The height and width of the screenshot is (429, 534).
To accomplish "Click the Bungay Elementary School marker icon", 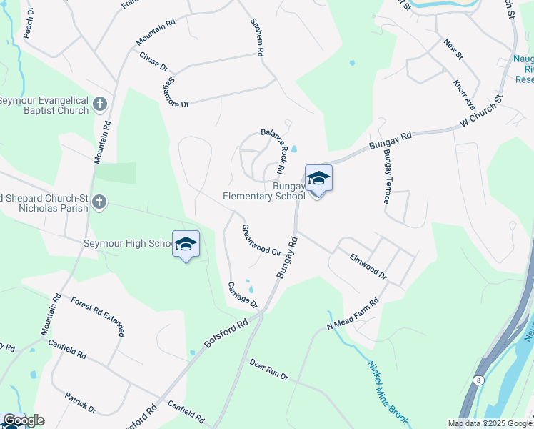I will (318, 179).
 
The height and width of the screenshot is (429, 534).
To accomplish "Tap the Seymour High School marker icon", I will (186, 245).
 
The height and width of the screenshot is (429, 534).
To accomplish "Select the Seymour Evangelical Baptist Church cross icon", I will (100, 104).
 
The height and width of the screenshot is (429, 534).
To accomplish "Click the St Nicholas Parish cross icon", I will (99, 203).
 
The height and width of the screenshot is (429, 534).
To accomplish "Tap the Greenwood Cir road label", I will (261, 241).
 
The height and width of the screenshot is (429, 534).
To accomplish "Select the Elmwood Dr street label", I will (368, 265).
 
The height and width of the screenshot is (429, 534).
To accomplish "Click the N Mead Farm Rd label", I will (352, 315).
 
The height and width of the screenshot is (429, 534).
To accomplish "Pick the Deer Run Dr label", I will (268, 370).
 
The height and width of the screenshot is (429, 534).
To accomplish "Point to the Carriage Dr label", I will (242, 295).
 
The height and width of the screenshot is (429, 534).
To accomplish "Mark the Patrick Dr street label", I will (80, 402).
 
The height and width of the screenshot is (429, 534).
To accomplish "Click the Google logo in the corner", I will (24, 420).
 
